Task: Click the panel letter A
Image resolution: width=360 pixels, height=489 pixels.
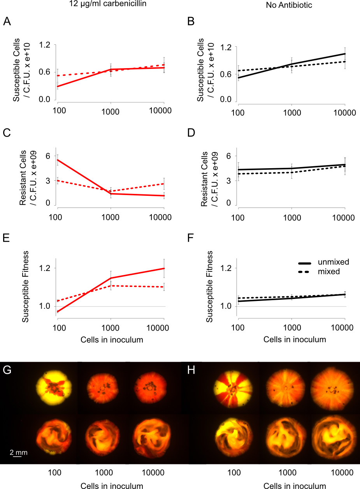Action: [x=7, y=22]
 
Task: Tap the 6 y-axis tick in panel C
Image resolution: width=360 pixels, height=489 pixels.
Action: [x=48, y=156]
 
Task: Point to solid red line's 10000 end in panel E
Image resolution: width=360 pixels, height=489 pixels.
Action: [x=164, y=268]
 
